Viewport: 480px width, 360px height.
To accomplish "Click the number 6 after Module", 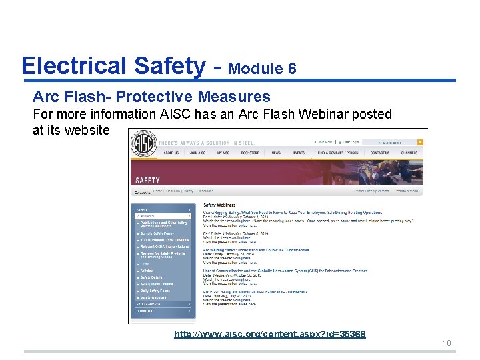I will pyautogui.click(x=292, y=69).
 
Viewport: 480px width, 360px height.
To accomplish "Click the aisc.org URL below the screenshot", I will pyautogui.click(x=269, y=334).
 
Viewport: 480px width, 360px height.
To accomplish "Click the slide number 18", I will pyautogui.click(x=447, y=343).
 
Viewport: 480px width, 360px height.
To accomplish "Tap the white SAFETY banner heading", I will pyautogui.click(x=148, y=180).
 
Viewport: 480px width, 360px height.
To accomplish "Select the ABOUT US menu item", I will pyautogui.click(x=171, y=153).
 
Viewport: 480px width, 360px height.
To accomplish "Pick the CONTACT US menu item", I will pyautogui.click(x=380, y=153).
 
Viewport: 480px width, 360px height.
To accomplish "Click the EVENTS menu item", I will pyautogui.click(x=299, y=153).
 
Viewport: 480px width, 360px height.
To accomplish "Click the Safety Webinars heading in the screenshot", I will pyautogui.click(x=220, y=205).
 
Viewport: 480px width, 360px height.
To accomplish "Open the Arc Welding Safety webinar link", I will pyautogui.click(x=256, y=250).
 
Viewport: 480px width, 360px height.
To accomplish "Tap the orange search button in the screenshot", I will pyautogui.click(x=420, y=142).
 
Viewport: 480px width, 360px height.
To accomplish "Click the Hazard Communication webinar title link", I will pyautogui.click(x=285, y=270).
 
